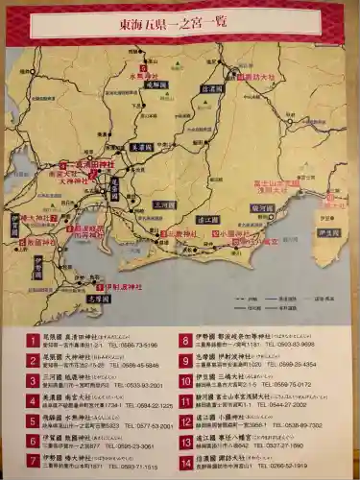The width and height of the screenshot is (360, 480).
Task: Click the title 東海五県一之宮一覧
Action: (180, 24)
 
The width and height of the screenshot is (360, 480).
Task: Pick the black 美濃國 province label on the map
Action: (142, 146)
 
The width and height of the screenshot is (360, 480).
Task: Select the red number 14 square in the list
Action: (184, 462)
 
